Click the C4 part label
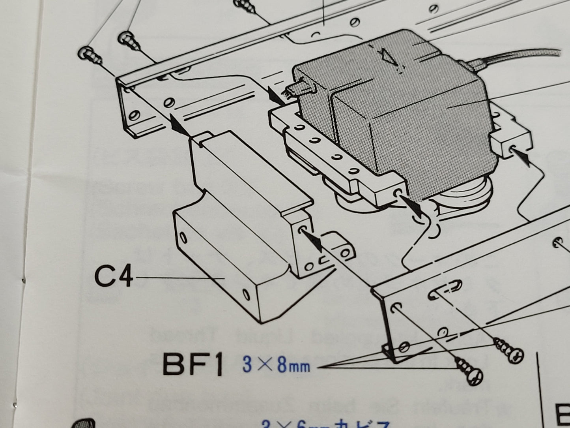113,277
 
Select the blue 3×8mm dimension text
276,365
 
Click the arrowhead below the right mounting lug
523,158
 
